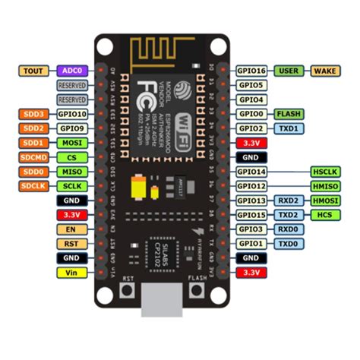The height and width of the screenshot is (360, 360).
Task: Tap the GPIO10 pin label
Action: [x=72, y=114]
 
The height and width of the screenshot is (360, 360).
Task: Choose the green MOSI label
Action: [x=72, y=143]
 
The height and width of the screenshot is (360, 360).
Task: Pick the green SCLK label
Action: [x=72, y=186]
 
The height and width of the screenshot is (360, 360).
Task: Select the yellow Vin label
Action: [x=72, y=273]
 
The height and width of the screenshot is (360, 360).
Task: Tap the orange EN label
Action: [x=72, y=229]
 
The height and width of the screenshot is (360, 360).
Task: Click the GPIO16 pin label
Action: [x=251, y=70]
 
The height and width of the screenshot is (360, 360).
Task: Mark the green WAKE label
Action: [x=327, y=70]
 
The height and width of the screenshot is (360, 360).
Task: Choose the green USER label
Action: [x=289, y=70]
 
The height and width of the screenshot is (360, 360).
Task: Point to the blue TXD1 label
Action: [x=289, y=128]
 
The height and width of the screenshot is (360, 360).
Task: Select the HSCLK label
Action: [x=327, y=172]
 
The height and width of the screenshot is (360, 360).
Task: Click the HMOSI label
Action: [x=327, y=201]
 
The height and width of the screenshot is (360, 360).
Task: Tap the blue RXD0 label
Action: [x=289, y=229]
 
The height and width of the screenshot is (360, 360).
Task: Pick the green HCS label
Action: [x=327, y=215]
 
